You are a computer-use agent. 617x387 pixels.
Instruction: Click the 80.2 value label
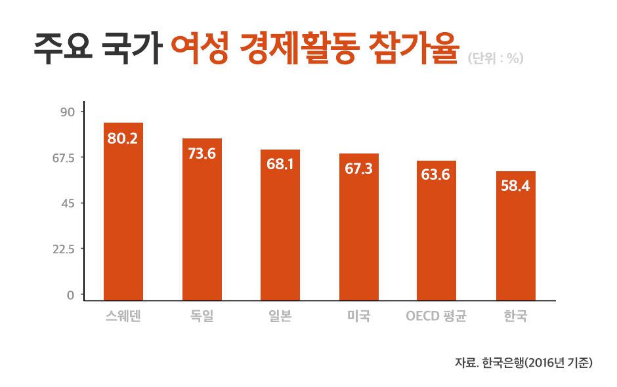[123, 139]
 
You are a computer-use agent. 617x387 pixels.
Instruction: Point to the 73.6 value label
[202, 154]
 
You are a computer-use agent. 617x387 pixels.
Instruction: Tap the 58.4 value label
[515, 186]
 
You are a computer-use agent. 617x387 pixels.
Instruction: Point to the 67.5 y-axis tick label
[64, 157]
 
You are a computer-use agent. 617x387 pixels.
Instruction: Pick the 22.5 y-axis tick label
[64, 249]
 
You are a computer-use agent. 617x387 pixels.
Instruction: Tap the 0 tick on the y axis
[70, 295]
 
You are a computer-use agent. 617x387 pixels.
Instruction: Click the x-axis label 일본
[280, 317]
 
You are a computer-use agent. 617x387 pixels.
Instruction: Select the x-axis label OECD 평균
[436, 317]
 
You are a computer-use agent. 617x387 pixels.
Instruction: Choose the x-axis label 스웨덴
[123, 317]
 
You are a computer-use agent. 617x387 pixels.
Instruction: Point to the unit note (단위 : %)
[496, 58]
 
